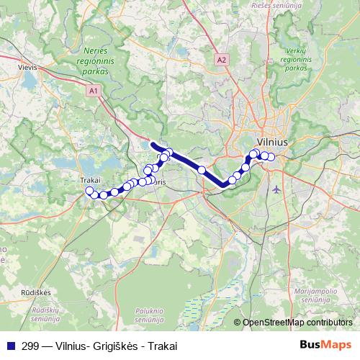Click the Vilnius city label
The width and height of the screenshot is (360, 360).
pyautogui.click(x=272, y=143)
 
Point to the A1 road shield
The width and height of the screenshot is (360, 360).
pyautogui.click(x=94, y=91)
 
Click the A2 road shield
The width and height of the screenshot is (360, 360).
pyautogui.click(x=221, y=60)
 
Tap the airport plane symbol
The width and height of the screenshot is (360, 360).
pyautogui.click(x=278, y=189)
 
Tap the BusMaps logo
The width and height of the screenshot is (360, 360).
pyautogui.click(x=325, y=345)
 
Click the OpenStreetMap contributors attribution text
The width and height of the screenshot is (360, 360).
pyautogui.click(x=297, y=322)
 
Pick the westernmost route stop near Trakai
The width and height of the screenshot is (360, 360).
pyautogui.click(x=90, y=191)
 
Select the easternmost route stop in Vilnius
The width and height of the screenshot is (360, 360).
pyautogui.click(x=272, y=157)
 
